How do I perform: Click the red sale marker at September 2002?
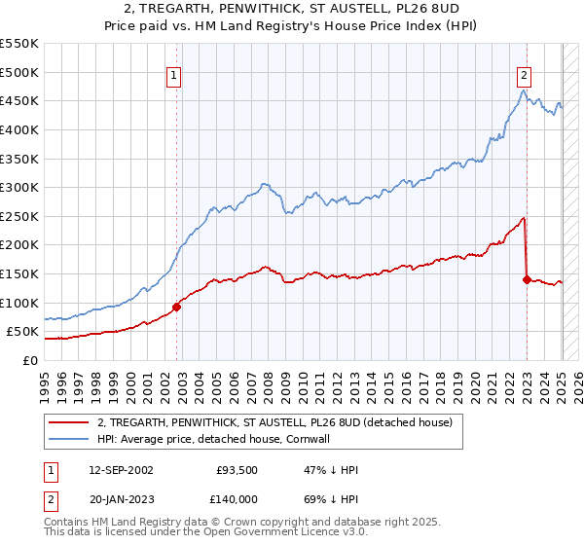pyautogui.click(x=177, y=307)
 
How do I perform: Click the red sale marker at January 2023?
pyautogui.click(x=527, y=279)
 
